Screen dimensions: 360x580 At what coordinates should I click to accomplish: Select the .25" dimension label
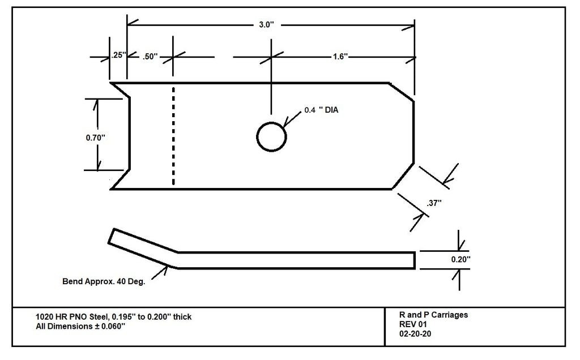(118, 55)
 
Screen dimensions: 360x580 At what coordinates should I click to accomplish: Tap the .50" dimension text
(151, 57)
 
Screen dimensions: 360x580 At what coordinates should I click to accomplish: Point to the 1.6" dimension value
(340, 57)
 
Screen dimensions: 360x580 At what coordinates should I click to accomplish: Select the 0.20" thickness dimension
(460, 259)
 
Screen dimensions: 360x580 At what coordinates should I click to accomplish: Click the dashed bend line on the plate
(173, 136)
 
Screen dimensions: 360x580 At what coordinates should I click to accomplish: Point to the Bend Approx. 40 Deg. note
(104, 281)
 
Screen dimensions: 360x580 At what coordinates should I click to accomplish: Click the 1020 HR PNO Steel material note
(113, 316)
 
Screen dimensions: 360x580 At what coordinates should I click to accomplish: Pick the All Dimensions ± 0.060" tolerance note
(80, 327)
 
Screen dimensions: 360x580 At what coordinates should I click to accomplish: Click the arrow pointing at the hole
(293, 119)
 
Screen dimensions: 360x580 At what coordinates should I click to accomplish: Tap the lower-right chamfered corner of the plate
(403, 177)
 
